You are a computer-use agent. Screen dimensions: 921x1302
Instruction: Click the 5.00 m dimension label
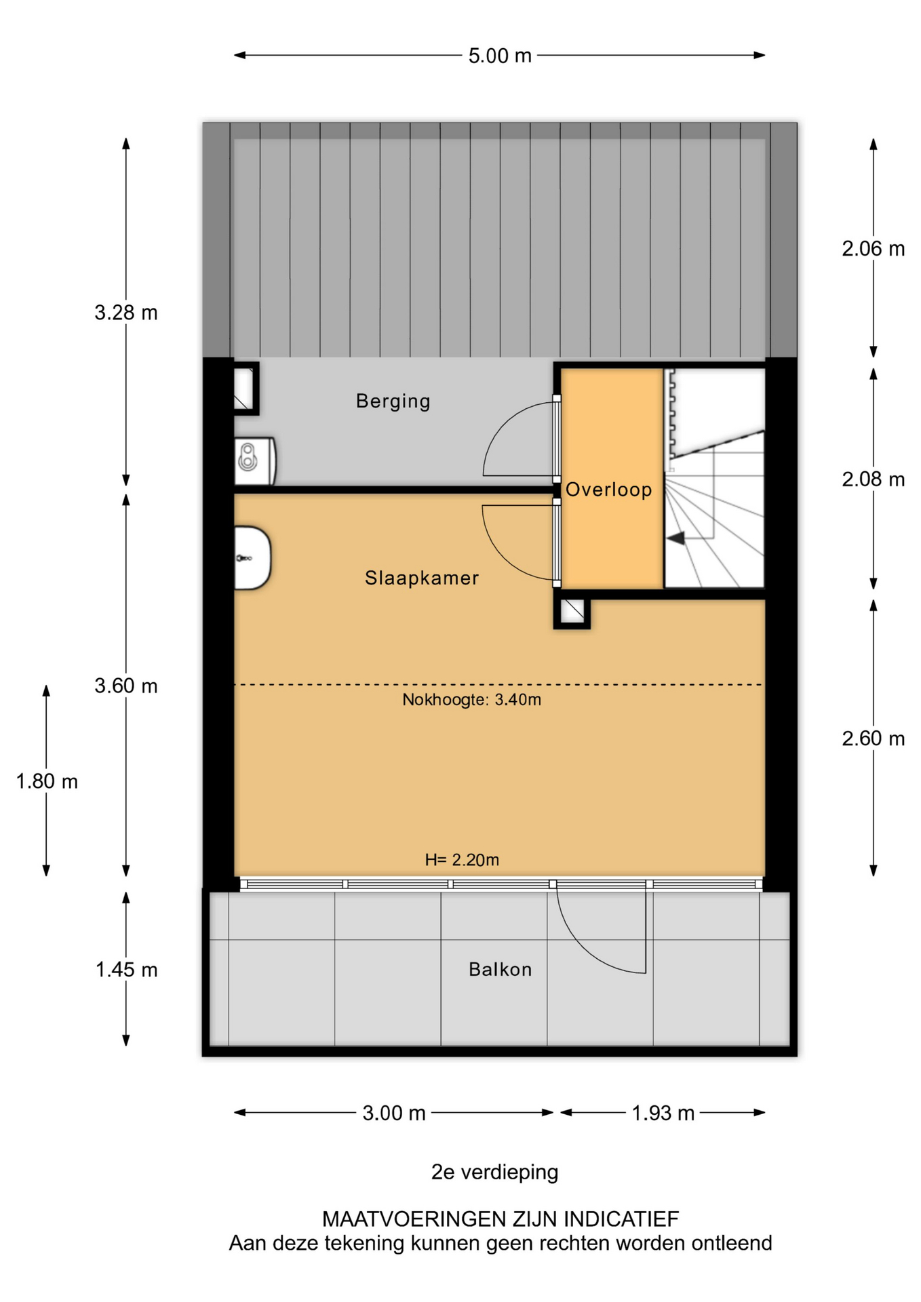pyautogui.click(x=500, y=56)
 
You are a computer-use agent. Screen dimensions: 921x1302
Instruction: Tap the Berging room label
pyautogui.click(x=393, y=401)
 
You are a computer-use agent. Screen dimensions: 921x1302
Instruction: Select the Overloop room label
pyautogui.click(x=609, y=490)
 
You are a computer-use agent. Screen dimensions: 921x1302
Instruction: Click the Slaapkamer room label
pyautogui.click(x=422, y=578)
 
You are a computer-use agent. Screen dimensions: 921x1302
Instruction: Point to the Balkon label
pyautogui.click(x=501, y=970)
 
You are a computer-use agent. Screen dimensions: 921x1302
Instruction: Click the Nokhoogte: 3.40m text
pyautogui.click(x=472, y=700)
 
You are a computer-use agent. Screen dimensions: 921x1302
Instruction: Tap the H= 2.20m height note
pyautogui.click(x=462, y=860)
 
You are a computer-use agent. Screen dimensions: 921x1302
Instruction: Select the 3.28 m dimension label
pyautogui.click(x=126, y=313)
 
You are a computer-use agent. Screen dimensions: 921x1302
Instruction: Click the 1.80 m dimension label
pyautogui.click(x=47, y=782)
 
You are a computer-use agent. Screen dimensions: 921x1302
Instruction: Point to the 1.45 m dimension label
pyautogui.click(x=126, y=970)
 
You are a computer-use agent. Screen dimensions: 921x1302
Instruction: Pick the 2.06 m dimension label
pyautogui.click(x=874, y=249)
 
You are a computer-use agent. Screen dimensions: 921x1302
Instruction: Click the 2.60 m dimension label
pyautogui.click(x=874, y=738)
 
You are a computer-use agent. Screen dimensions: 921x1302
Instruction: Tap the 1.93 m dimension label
pyautogui.click(x=663, y=1113)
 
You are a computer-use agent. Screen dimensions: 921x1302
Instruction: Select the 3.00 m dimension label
pyautogui.click(x=394, y=1113)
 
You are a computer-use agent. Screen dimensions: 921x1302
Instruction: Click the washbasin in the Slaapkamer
pyautogui.click(x=252, y=558)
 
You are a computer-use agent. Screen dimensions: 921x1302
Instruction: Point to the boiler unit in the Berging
pyautogui.click(x=255, y=461)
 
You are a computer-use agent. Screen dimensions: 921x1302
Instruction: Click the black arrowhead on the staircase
pyautogui.click(x=675, y=538)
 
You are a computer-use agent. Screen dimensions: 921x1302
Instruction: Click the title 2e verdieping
pyautogui.click(x=495, y=1172)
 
